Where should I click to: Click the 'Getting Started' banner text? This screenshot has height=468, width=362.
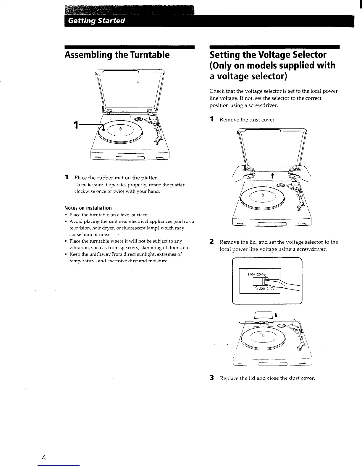(96, 21)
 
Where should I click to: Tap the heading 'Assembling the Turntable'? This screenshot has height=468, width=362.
(117, 55)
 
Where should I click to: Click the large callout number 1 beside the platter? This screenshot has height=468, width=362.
(76, 125)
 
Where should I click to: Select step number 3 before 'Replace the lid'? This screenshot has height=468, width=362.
(211, 378)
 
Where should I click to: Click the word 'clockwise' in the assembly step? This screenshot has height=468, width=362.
(86, 191)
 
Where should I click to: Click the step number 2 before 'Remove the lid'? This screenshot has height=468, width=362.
(211, 242)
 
